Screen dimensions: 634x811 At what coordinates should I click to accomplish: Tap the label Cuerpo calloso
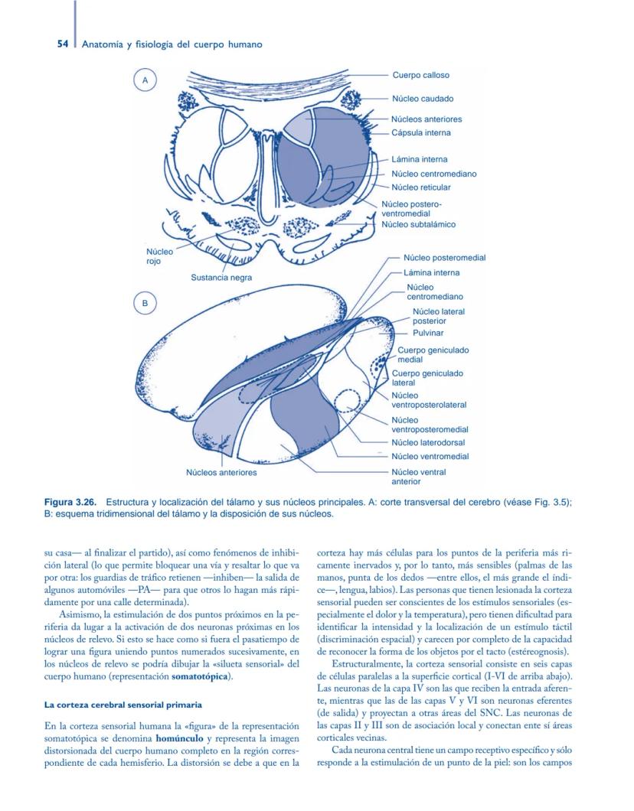point(420,75)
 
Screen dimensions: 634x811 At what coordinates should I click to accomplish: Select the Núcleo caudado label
point(423,99)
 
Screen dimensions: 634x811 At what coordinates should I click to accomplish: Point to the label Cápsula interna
point(421,132)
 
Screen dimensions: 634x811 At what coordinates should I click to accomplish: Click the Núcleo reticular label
point(421,187)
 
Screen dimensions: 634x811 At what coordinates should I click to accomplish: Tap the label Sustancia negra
point(221,278)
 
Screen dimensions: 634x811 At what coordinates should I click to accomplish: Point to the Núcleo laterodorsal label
point(428,442)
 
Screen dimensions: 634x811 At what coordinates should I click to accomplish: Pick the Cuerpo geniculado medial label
point(433,354)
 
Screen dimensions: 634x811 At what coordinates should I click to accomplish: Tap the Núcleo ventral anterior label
point(418,477)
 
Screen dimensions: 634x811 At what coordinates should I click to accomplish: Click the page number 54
point(64,44)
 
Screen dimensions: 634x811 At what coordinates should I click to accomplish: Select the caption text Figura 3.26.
point(71,502)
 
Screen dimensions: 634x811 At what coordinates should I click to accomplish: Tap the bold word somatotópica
point(201,676)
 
